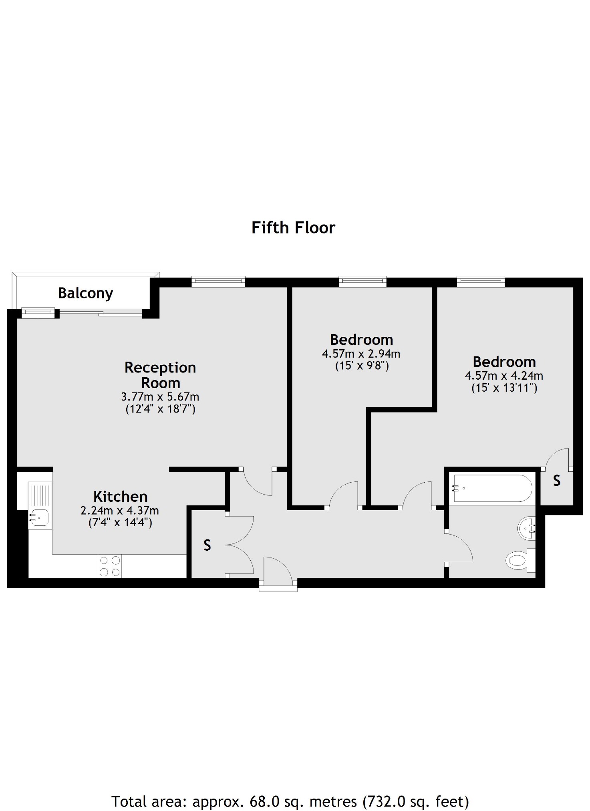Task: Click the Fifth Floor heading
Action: coord(293,227)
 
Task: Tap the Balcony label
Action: coord(85,293)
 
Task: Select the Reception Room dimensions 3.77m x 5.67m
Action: coord(160,397)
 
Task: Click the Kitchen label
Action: coord(121,497)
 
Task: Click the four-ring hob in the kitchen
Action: coord(110,566)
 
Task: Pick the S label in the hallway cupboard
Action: coord(207,545)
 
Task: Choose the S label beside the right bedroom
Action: coord(557,481)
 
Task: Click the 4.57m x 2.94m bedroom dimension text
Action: coord(361,354)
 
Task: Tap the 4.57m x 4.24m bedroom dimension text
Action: coord(504,376)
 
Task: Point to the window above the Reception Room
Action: coord(218,282)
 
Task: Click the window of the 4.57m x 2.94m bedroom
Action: coord(362,282)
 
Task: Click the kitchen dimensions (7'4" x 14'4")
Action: coord(120,523)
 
